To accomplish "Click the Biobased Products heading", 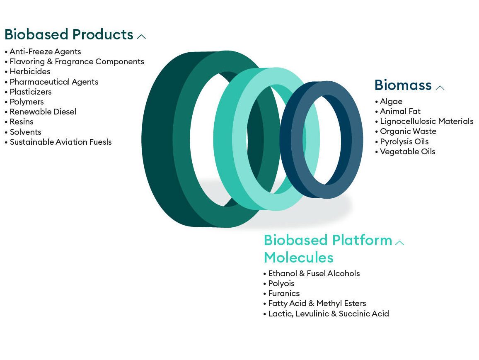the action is pyautogui.click(x=69, y=34).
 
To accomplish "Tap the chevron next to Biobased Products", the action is pyautogui.click(x=141, y=37).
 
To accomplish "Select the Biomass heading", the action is pyautogui.click(x=403, y=85).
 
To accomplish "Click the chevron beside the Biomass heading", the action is pyautogui.click(x=440, y=88).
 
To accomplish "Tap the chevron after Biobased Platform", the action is pyautogui.click(x=399, y=243).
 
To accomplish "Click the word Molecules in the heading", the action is pyautogui.click(x=298, y=258).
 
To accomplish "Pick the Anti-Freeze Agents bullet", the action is pyautogui.click(x=45, y=52).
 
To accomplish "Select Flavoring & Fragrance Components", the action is pyautogui.click(x=77, y=62).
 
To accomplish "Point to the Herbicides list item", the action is pyautogui.click(x=30, y=72).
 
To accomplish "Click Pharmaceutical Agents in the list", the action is pyautogui.click(x=54, y=82).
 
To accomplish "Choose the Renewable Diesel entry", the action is pyautogui.click(x=43, y=112).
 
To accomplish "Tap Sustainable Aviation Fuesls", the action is pyautogui.click(x=61, y=142).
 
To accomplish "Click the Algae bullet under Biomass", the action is pyautogui.click(x=391, y=102).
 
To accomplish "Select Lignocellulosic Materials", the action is pyautogui.click(x=426, y=122).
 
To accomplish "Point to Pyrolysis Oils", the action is pyautogui.click(x=404, y=141).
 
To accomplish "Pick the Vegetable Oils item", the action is pyautogui.click(x=407, y=152).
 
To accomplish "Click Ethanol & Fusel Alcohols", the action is pyautogui.click(x=314, y=273).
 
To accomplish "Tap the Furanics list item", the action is pyautogui.click(x=284, y=294).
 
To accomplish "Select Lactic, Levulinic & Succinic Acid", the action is pyautogui.click(x=329, y=314).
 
